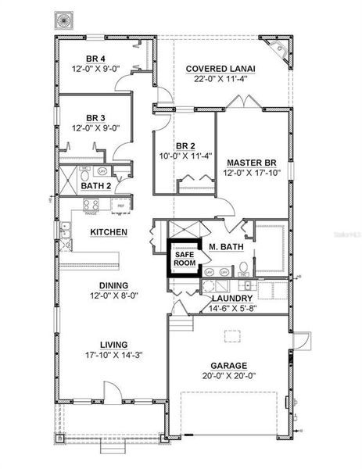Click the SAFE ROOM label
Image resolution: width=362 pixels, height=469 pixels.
click(185, 260)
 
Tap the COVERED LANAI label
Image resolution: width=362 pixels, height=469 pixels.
click(220, 69)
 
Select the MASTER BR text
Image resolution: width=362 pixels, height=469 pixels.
click(249, 163)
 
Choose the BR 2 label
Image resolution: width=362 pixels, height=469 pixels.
click(185, 146)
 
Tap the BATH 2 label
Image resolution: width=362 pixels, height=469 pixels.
click(95, 185)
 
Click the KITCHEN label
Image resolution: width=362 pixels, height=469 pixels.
click(109, 232)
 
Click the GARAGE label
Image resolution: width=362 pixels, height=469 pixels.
click(228, 365)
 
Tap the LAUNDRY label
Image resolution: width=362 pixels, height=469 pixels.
click(231, 298)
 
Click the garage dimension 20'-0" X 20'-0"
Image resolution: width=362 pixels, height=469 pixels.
click(228, 376)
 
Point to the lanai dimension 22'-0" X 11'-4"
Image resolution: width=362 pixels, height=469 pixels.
click(220, 79)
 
